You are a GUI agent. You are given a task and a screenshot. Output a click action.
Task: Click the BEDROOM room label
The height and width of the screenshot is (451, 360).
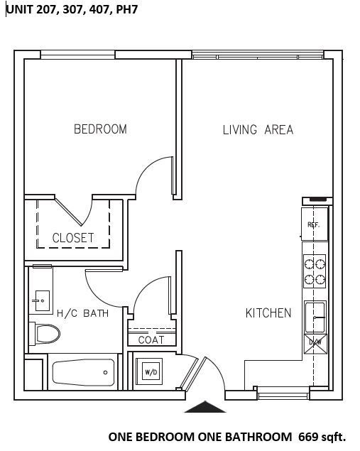coord(100,129)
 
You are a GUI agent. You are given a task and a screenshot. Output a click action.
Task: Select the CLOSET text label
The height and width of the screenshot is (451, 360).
coord(73,238)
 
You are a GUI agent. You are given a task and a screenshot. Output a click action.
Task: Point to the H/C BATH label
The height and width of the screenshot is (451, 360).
coord(82,313)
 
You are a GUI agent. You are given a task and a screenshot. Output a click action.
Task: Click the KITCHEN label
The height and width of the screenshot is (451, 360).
coord(268,313)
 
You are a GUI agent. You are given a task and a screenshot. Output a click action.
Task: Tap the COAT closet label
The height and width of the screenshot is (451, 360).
coord(151,339)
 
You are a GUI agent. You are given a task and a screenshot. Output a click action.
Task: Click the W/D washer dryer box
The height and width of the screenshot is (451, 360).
coord(151,371)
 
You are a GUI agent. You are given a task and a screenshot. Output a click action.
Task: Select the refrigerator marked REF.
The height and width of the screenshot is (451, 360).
coord(314,224)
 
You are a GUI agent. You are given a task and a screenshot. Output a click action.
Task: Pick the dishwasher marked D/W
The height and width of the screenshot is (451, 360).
coord(315,343)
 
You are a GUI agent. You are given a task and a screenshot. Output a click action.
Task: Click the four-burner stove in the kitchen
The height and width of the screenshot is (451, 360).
coord(315,271)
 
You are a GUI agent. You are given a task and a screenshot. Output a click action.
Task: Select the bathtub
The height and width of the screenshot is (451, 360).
coord(83,372)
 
